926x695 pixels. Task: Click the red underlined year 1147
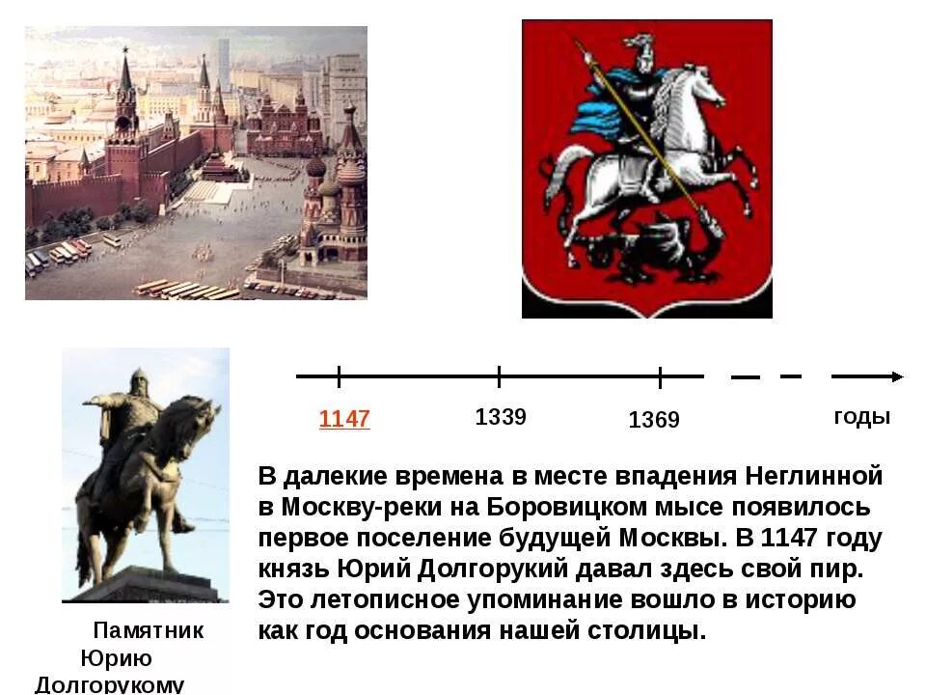344,419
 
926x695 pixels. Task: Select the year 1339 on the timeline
501,417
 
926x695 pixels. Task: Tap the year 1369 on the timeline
654,420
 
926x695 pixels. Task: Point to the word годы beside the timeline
861,417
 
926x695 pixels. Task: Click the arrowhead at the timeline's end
896,376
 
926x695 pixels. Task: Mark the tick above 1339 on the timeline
500,376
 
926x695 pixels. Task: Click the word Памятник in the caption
149,631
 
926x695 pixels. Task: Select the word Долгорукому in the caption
109,684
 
